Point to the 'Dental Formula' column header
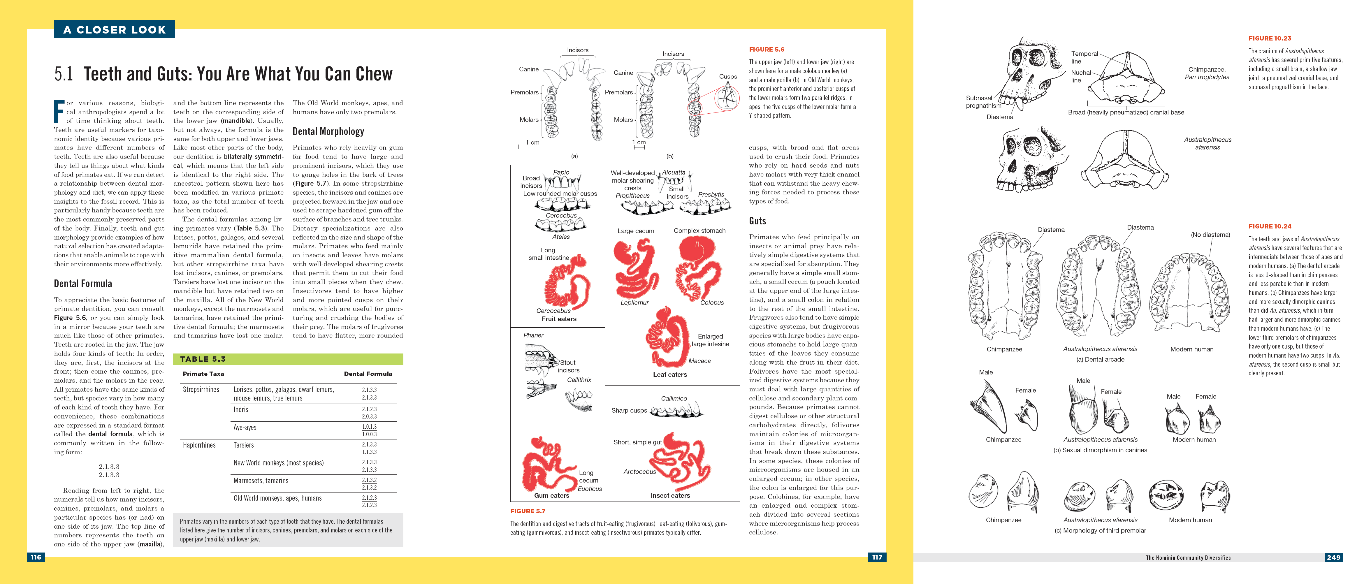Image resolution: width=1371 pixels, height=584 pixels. tap(368, 374)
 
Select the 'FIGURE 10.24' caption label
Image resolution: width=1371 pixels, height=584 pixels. tap(1270, 226)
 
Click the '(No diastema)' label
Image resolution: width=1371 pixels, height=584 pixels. tap(1210, 235)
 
